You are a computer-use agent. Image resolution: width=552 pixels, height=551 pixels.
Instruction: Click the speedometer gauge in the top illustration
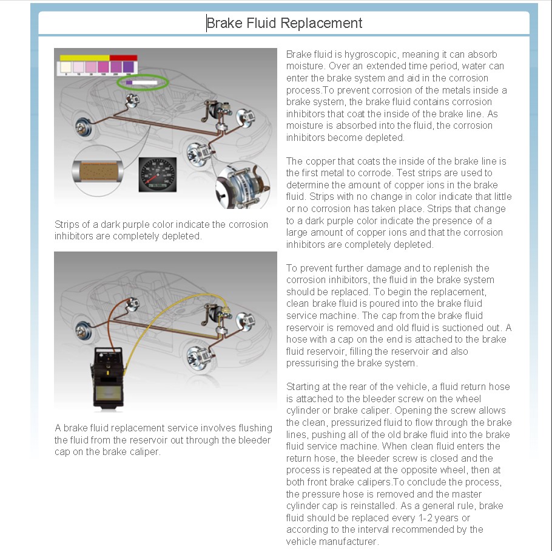coord(157,175)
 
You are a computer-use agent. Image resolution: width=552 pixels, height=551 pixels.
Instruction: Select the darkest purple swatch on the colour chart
coord(129,67)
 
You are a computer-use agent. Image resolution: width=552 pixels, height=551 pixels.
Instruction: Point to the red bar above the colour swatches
coord(124,58)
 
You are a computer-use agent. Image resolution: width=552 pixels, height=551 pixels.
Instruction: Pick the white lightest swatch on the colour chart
coord(66,67)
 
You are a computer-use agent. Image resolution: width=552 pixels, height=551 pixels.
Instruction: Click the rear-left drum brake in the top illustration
coord(82,129)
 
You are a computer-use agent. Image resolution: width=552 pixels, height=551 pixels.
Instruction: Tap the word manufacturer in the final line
coord(350,541)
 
